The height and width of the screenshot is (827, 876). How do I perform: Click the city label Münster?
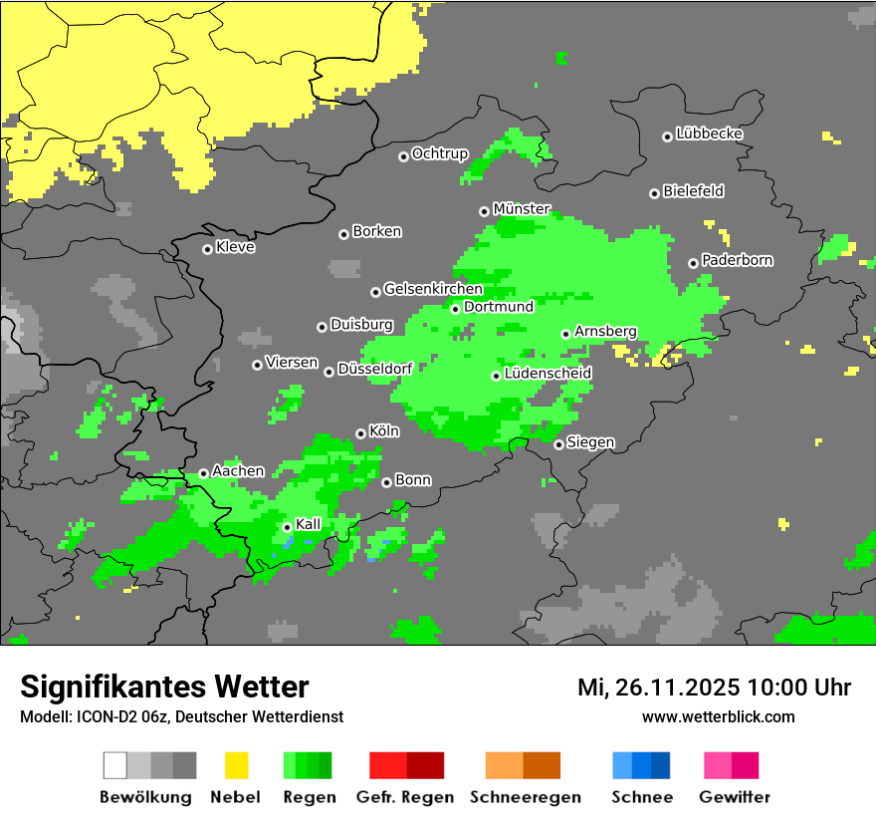tap(522, 209)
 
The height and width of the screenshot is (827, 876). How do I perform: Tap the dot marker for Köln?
tap(360, 433)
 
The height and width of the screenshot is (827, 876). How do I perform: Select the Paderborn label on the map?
tap(737, 261)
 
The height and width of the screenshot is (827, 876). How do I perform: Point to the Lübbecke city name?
tap(709, 134)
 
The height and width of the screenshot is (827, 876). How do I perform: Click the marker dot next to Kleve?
tap(207, 249)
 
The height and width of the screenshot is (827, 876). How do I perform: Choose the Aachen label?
tap(238, 471)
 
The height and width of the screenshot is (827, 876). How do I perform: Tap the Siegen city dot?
tap(558, 444)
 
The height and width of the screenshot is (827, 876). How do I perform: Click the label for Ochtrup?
tap(439, 154)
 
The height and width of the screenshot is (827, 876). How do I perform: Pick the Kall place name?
tap(309, 524)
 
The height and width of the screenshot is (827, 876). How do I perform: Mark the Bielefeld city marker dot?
tap(654, 193)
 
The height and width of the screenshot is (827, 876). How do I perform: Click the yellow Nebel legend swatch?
tap(236, 765)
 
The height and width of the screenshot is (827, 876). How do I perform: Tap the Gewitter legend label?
tap(735, 797)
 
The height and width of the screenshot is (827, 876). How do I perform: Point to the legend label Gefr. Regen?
tap(405, 797)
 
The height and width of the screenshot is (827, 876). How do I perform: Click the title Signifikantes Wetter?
tap(164, 687)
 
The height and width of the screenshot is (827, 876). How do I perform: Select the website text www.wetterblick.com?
tap(718, 716)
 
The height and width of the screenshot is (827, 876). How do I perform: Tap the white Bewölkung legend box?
tap(115, 765)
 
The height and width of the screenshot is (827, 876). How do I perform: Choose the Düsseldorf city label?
tap(374, 369)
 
